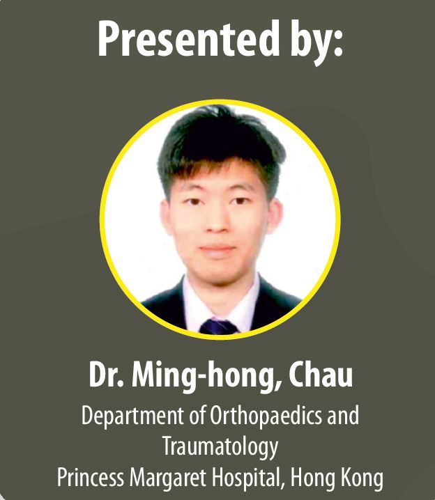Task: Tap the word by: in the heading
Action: (316, 42)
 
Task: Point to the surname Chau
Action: (321, 375)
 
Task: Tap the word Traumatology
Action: (220, 447)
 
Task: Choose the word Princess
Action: (91, 477)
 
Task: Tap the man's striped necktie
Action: (219, 327)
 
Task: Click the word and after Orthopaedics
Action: (344, 415)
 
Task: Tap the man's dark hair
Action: (220, 140)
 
